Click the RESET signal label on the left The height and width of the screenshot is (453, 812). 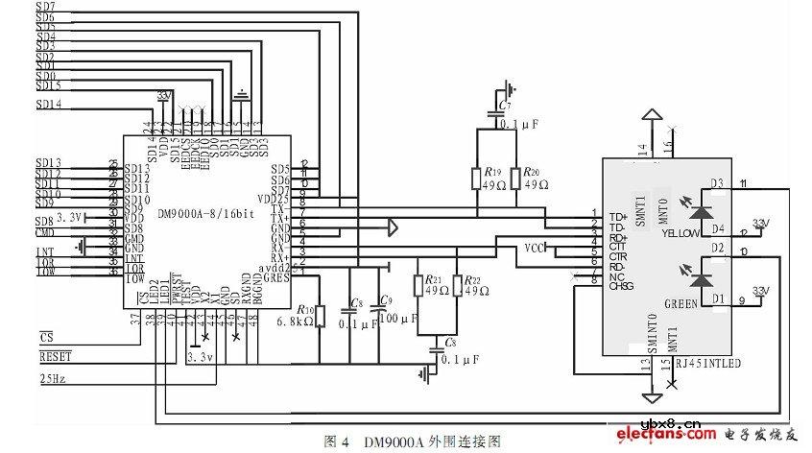[x=55, y=355]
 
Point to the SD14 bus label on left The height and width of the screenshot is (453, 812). [x=48, y=104]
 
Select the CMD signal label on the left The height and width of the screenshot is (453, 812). [x=44, y=231]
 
